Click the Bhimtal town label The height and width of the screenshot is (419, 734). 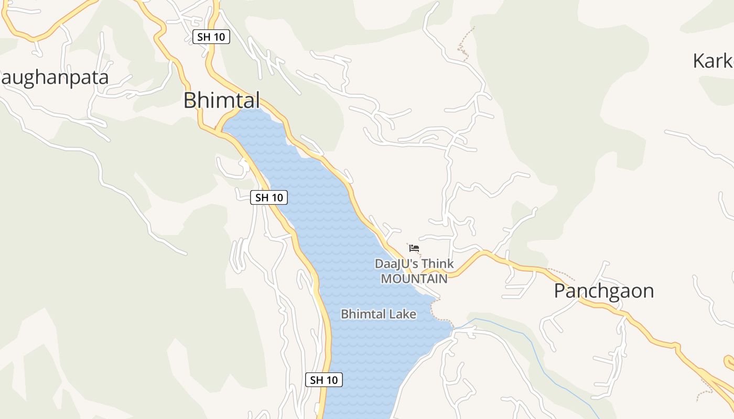tap(221, 100)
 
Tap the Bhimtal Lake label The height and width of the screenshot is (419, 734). tap(378, 314)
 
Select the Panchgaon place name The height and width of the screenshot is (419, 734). tap(604, 291)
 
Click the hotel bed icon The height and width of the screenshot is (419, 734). tap(414, 248)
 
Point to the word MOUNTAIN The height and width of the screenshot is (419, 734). tap(414, 279)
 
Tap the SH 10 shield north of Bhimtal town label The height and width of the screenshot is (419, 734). tap(211, 37)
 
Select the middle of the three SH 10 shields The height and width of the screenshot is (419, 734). tap(269, 197)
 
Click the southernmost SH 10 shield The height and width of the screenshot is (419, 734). tap(323, 380)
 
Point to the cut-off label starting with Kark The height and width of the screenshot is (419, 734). tap(713, 61)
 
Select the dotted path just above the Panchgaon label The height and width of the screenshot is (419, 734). tap(561, 273)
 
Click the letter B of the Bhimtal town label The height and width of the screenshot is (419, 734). tap(190, 100)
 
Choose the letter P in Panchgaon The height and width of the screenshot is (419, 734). tap(560, 291)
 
